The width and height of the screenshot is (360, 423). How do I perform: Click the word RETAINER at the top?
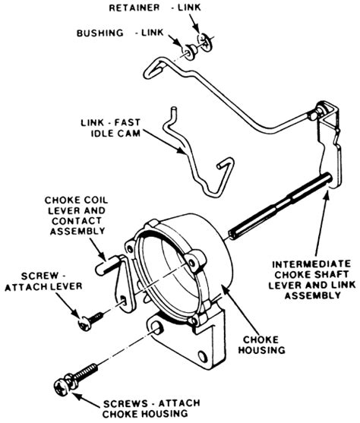pos(134,8)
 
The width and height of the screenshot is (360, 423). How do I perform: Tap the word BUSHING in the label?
pos(100,33)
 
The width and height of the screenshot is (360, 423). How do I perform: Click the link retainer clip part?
pos(206,42)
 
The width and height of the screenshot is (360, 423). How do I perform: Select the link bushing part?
pos(191,52)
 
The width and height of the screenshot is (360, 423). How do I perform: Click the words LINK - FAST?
pos(110,122)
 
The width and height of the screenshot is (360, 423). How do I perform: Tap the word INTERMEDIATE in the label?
pos(311,264)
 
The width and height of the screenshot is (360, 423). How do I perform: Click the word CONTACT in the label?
pos(77,221)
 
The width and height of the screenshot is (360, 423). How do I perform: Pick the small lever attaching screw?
pos(90,321)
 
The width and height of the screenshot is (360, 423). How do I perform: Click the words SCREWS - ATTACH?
pos(152,403)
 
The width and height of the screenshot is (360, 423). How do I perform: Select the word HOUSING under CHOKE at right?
pos(262,350)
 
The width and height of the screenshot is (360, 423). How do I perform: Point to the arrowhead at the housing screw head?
pos(77,396)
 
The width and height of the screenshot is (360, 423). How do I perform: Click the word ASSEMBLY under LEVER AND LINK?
pos(312,295)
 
